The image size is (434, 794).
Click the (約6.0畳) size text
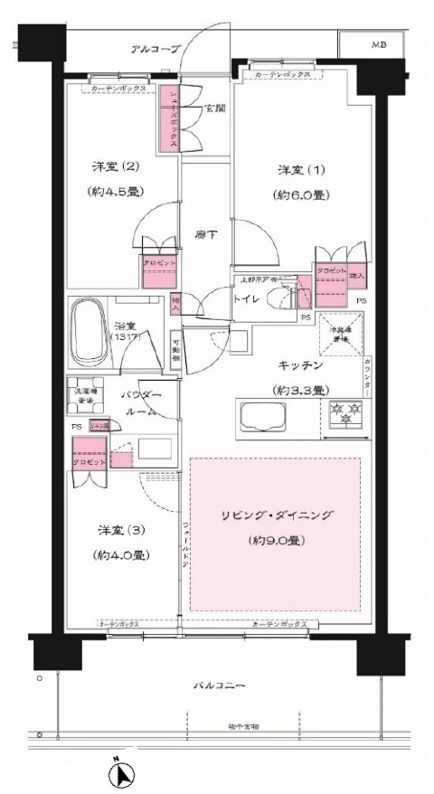click(x=302, y=194)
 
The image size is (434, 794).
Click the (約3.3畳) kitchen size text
click(x=302, y=391)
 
